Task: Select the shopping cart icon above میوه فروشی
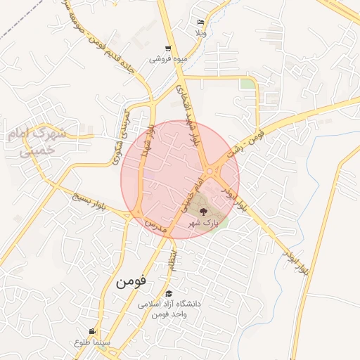[x=167, y=49]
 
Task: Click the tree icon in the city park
[x=202, y=211]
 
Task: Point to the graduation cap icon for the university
[x=169, y=293]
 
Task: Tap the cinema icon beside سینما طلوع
[x=92, y=332]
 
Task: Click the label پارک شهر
[x=203, y=222]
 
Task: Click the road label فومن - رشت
[x=246, y=142]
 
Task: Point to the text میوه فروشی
[x=167, y=60]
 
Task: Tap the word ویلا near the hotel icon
[x=200, y=33]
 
